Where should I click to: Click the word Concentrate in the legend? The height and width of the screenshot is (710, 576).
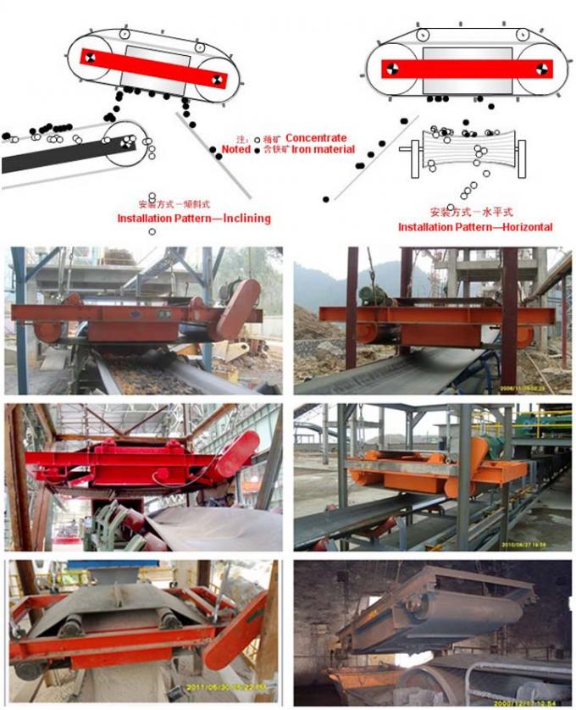(316, 137)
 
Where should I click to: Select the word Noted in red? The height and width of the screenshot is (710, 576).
(236, 149)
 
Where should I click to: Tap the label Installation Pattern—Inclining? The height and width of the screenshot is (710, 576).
(193, 219)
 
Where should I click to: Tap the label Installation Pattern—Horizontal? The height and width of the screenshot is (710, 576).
(475, 227)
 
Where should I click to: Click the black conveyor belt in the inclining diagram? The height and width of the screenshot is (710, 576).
(51, 156)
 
